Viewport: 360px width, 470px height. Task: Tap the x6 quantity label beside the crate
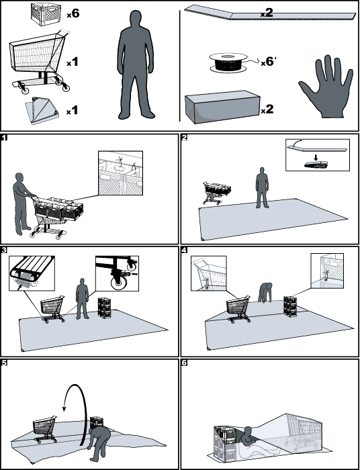pos(73,14)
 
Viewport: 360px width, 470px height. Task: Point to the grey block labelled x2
pos(222,107)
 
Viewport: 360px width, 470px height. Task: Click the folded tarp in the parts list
pos(42,110)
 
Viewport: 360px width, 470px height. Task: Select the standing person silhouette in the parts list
pos(136,65)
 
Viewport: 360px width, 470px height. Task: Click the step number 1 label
pos(4,138)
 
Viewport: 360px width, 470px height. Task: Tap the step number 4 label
pos(184,250)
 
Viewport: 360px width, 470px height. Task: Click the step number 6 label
pos(184,363)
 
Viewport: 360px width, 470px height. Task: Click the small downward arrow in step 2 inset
pos(315,157)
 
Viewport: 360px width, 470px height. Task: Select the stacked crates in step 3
pos(105,308)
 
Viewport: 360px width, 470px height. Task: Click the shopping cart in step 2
pos(216,193)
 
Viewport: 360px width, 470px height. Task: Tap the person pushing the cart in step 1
pos(21,203)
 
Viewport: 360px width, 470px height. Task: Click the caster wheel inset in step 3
pos(117,273)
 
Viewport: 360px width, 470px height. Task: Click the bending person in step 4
pos(265,292)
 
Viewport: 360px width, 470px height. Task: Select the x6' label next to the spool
pos(268,62)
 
